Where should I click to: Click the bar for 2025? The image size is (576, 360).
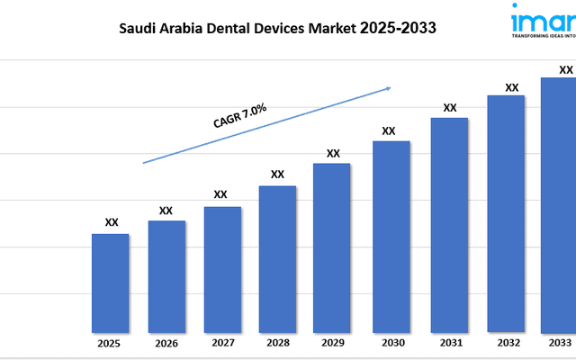[x=110, y=283]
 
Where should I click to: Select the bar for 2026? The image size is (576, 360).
[x=166, y=275]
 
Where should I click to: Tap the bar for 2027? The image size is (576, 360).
[x=222, y=269]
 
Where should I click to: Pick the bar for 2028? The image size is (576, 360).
[x=277, y=258]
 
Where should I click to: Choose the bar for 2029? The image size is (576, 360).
[x=332, y=247]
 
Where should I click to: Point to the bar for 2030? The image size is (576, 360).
[x=391, y=236]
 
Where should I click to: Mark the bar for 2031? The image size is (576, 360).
[x=449, y=224]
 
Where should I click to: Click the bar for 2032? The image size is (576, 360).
[x=506, y=213]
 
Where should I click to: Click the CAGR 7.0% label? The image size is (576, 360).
[x=239, y=116]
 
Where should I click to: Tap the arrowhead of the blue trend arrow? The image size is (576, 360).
[x=387, y=88]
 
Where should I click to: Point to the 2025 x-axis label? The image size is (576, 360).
[x=110, y=343]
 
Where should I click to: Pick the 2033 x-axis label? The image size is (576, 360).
[x=559, y=343]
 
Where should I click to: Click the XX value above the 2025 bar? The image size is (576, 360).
[x=111, y=222]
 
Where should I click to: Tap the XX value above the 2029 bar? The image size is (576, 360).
[x=333, y=153]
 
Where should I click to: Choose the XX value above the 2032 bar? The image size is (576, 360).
[x=511, y=87]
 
